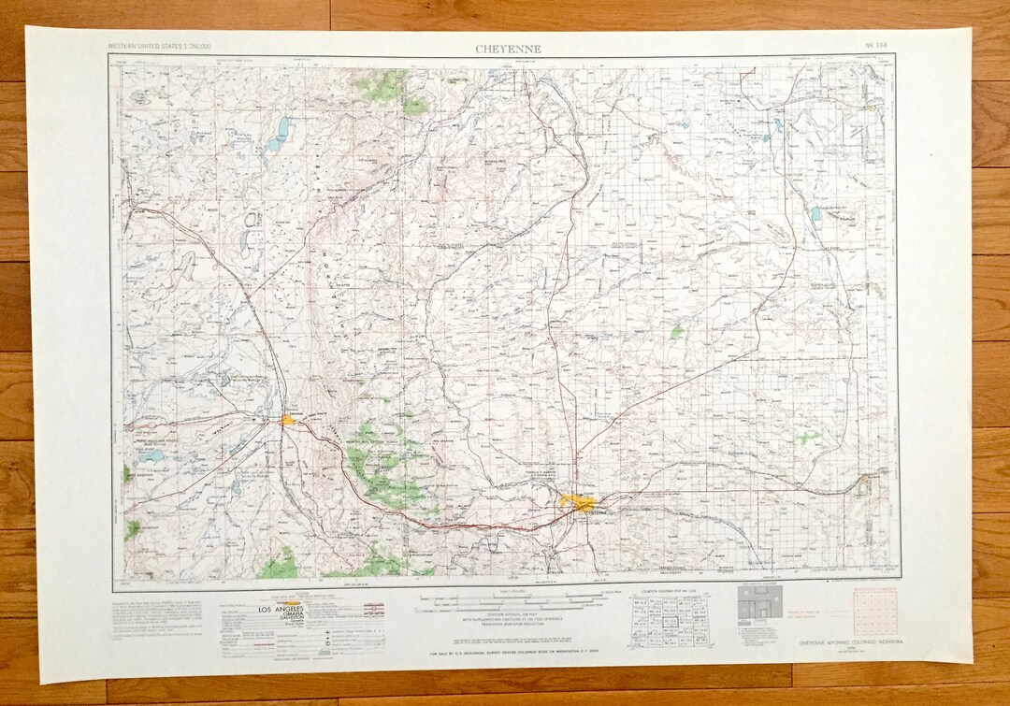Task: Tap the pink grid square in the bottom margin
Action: (x=869, y=610)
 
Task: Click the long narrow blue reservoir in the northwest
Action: (x=278, y=135)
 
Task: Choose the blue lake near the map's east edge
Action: (x=815, y=214)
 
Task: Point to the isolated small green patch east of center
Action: (x=676, y=332)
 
